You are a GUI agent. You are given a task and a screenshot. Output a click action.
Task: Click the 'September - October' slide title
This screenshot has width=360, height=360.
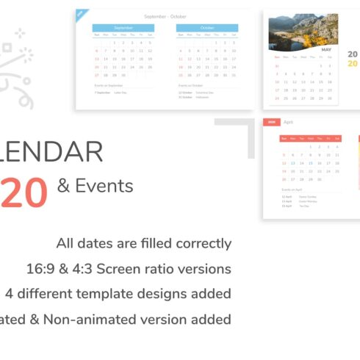[166, 16]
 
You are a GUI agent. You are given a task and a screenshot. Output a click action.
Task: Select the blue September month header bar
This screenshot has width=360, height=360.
[123, 28]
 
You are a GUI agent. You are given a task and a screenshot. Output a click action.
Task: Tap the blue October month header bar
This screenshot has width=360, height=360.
[207, 28]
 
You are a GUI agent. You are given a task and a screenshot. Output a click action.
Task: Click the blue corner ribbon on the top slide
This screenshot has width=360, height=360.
[81, 14]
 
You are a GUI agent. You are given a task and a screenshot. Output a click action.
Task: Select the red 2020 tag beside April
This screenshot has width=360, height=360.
[271, 122]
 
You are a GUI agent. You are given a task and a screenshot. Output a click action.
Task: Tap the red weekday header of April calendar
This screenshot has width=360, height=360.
[309, 138]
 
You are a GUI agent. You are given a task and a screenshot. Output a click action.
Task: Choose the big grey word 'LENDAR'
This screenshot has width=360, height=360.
[51, 152]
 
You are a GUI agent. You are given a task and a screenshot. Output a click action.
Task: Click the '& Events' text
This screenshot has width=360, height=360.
[95, 186]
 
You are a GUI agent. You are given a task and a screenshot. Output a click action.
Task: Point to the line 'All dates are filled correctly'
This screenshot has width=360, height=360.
[143, 243]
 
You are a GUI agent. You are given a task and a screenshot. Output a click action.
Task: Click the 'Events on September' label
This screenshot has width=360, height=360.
[108, 85]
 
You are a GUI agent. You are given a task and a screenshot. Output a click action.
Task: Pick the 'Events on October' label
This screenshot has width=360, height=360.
[190, 85]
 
